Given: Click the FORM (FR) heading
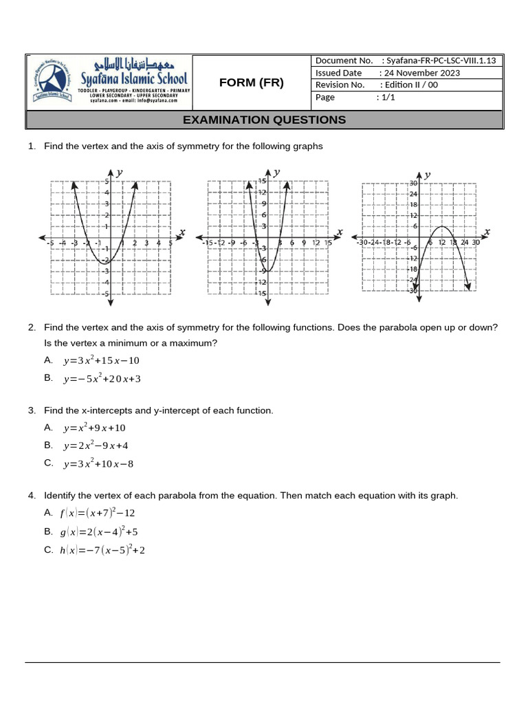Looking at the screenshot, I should point(251,83).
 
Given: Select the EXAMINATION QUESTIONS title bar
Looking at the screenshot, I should point(264,120).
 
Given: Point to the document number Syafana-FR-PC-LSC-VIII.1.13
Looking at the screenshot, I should point(441,60).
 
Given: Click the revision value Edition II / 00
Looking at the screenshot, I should point(412,85).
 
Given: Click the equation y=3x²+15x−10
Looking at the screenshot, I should point(101,360).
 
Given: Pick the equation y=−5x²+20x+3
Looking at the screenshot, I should point(102,378).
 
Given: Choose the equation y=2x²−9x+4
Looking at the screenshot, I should point(96,445).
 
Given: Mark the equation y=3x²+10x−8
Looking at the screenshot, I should point(98,463).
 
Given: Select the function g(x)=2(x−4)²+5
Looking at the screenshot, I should point(99,531).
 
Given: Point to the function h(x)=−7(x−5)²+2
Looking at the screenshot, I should point(102,550).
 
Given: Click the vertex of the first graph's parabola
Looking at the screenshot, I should point(104,262).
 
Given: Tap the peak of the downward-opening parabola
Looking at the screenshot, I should point(443,227).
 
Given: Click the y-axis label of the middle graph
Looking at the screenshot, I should point(276,172).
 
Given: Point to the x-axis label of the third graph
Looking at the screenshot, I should point(487,231).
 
